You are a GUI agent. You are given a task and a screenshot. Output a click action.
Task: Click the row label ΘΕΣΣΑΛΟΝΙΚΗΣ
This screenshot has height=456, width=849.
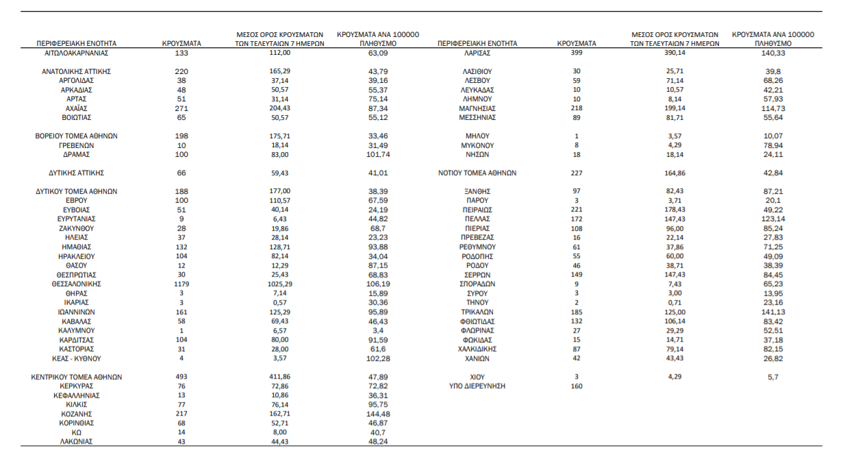(77, 283)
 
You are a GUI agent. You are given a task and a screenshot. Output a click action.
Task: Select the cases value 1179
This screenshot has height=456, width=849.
(181, 283)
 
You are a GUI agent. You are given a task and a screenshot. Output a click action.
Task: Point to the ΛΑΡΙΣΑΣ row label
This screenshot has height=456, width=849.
(477, 53)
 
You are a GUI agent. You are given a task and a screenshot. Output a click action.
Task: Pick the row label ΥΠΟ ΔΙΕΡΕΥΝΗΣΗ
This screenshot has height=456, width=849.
(477, 386)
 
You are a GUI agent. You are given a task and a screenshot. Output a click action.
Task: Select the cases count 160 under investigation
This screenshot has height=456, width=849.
(576, 386)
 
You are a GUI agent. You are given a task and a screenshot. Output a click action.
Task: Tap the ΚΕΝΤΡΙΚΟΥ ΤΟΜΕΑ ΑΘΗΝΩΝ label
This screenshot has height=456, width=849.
(77, 377)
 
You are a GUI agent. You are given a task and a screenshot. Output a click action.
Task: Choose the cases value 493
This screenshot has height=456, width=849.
(181, 377)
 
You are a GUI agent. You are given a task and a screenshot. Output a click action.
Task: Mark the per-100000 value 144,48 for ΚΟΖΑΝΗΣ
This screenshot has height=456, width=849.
(378, 414)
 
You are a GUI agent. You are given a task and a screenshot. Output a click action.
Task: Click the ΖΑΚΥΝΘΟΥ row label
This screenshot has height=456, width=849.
(77, 228)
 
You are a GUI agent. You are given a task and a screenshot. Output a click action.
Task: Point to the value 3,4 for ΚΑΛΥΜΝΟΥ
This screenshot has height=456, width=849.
(378, 330)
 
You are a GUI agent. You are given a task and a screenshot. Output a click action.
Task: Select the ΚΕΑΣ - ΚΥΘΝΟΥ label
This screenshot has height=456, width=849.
(77, 358)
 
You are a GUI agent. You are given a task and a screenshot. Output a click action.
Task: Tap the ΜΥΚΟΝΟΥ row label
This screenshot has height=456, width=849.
(477, 145)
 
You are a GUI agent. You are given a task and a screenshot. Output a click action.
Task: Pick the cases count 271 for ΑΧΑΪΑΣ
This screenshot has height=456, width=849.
(181, 108)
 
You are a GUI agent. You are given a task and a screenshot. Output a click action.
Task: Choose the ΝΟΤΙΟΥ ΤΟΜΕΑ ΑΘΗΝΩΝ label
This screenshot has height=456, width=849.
(477, 173)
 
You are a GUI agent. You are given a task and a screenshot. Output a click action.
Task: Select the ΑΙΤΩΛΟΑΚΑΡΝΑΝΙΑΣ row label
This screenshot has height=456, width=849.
(77, 53)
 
